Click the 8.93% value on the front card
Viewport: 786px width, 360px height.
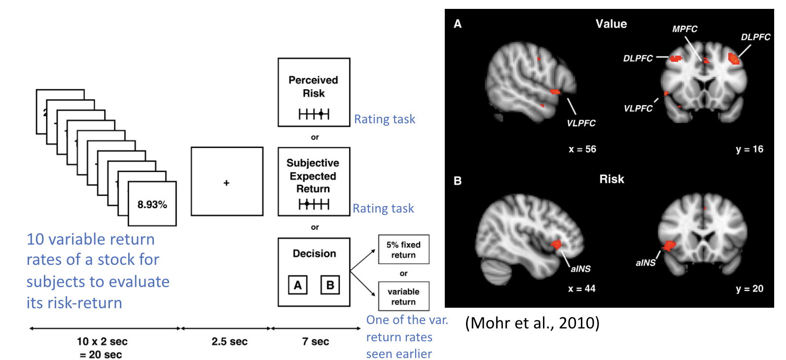tap(152, 205)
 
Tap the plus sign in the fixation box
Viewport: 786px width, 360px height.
tap(226, 183)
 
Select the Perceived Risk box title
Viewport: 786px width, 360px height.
tap(314, 86)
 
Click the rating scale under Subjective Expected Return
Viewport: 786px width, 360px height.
tap(314, 204)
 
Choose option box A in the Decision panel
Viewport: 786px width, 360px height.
tap(298, 285)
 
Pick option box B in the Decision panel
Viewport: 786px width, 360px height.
tap(330, 285)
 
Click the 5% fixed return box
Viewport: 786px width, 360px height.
tap(403, 250)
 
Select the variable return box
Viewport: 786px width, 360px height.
tap(403, 296)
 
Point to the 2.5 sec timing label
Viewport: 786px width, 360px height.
tap(229, 341)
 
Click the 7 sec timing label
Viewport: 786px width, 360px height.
tap(316, 341)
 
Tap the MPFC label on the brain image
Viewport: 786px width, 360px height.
tap(684, 29)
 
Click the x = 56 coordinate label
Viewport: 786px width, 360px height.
tap(582, 149)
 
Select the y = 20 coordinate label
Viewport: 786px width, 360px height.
tap(750, 288)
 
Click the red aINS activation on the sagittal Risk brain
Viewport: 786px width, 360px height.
tap(557, 244)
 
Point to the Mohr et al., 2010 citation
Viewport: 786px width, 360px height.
tap(532, 323)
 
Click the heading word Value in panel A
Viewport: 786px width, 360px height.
tap(611, 24)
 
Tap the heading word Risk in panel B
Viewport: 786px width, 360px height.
tap(611, 179)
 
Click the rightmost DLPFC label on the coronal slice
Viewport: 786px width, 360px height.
tap(755, 37)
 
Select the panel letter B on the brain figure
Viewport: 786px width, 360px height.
tap(458, 181)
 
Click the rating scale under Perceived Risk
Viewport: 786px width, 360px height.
tap(314, 114)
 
